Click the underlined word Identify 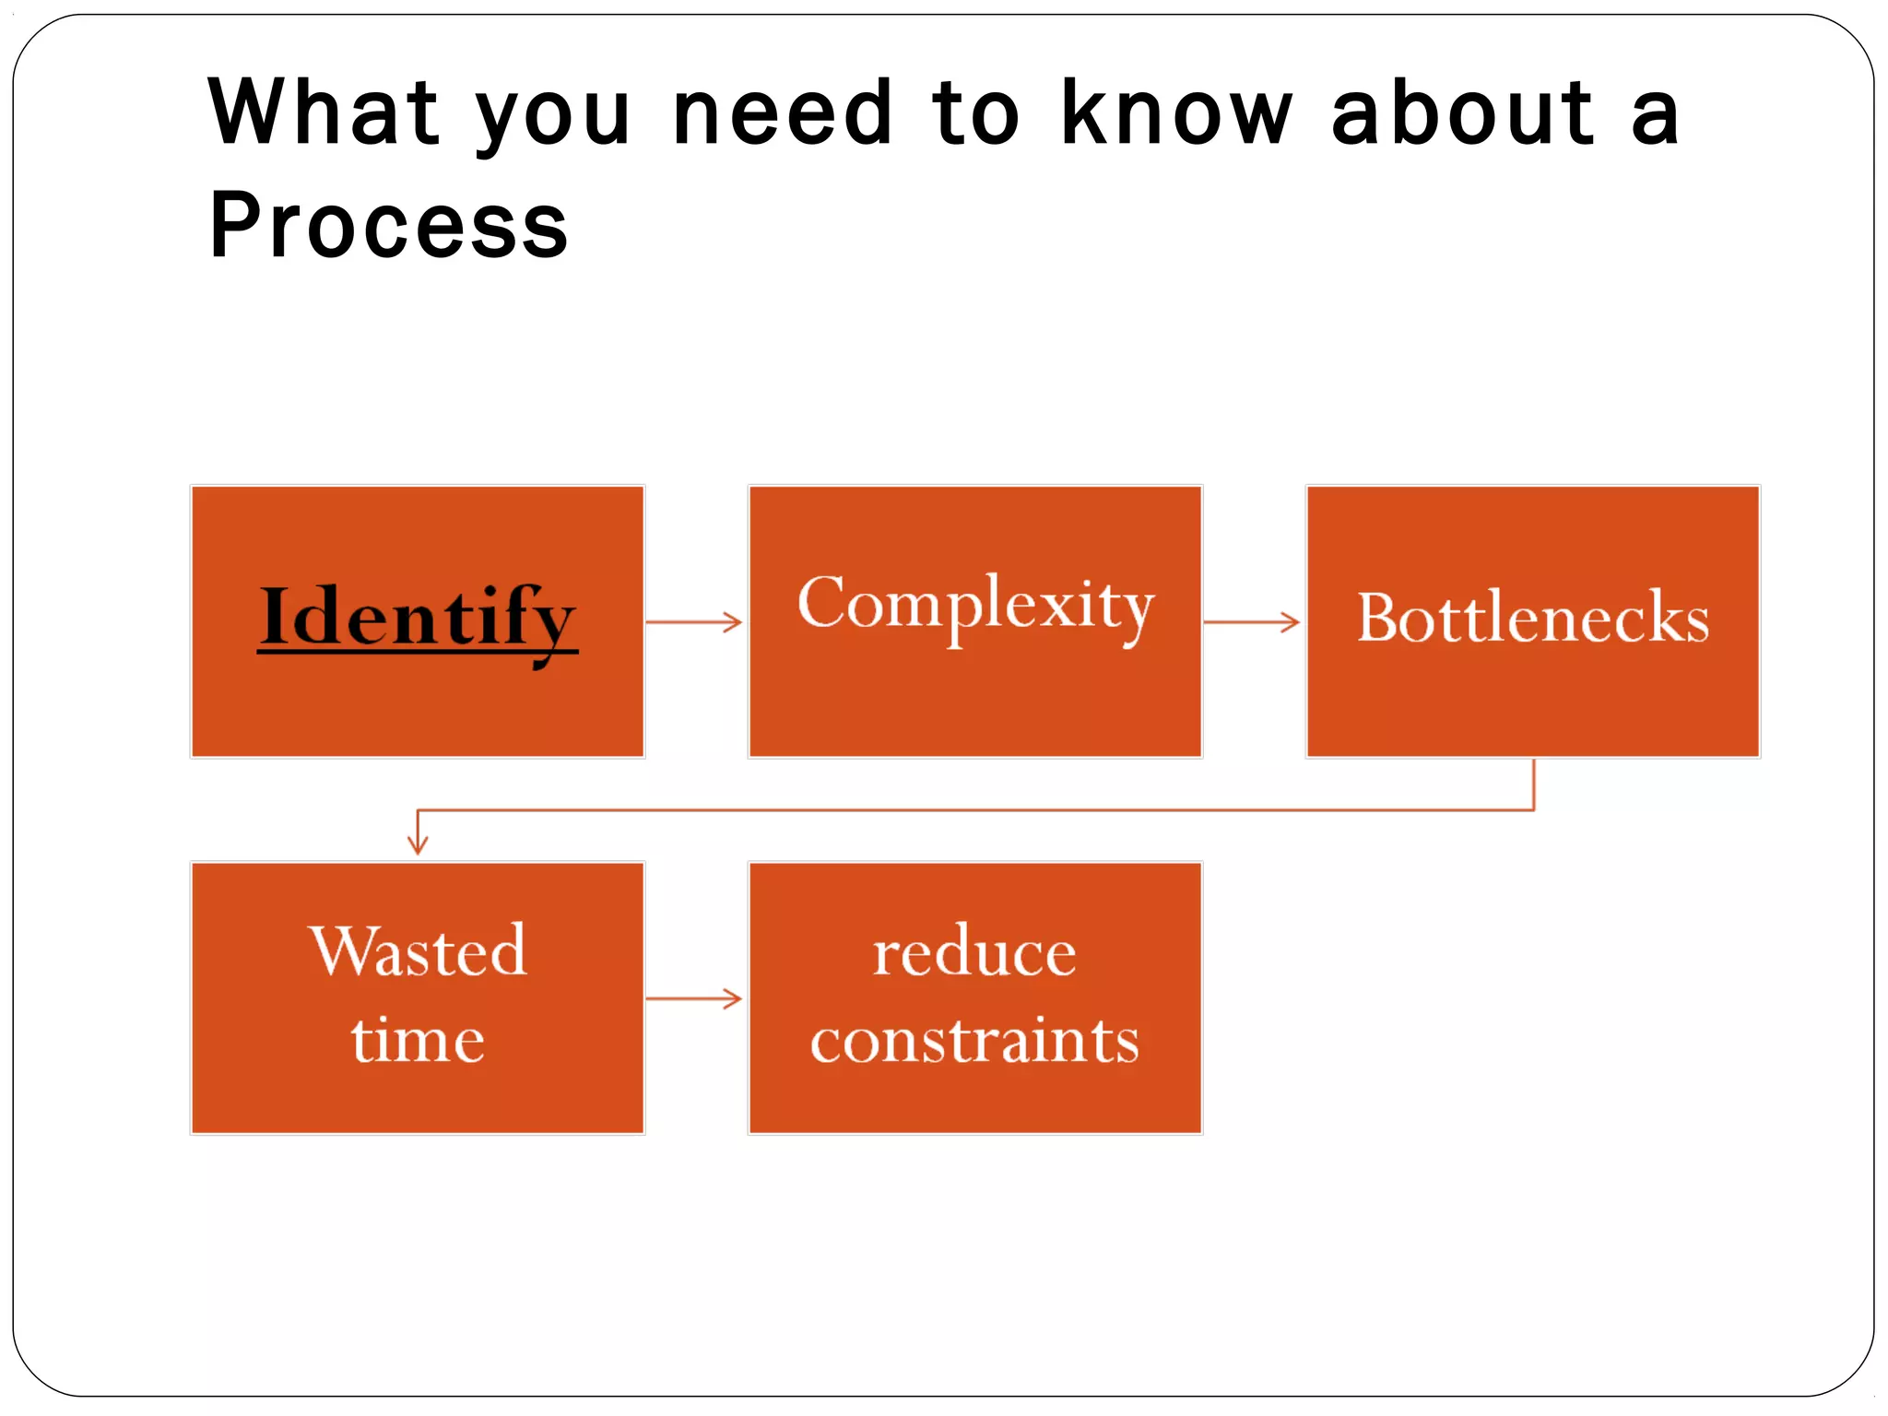click(418, 618)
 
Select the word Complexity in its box click(975, 605)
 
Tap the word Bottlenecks click(1533, 618)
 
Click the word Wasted click(418, 950)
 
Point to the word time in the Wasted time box click(418, 1040)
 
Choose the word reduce click(974, 952)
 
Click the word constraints click(974, 1040)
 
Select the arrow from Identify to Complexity click(694, 622)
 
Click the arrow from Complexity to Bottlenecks click(1252, 622)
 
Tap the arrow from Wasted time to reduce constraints click(694, 998)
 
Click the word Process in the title click(388, 225)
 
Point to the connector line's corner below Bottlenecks click(1534, 810)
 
